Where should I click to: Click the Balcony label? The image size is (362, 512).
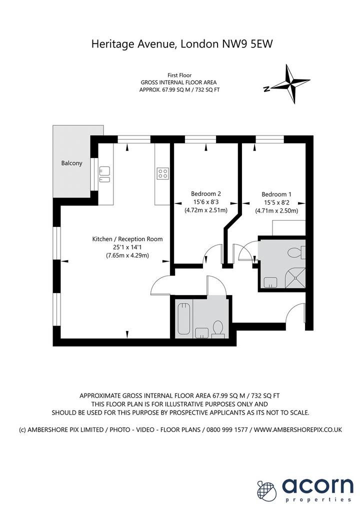[x=72, y=163]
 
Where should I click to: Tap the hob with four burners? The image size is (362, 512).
[x=162, y=173]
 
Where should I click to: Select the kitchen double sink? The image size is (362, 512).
[x=105, y=174]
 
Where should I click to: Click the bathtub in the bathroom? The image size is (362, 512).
[x=183, y=318]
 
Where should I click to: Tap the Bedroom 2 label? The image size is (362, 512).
[x=206, y=193]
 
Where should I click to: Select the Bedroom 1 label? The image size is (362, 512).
[x=276, y=194]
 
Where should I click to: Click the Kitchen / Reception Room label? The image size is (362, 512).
[x=127, y=239]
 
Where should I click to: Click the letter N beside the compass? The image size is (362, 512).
[x=266, y=89]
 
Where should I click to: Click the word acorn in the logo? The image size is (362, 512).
[x=317, y=485]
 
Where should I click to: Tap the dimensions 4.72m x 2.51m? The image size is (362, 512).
[x=206, y=210]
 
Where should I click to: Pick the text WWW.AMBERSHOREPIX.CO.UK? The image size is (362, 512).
[x=298, y=429]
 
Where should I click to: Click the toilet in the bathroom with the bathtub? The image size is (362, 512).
[x=217, y=328]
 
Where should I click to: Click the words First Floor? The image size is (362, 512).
[x=179, y=75]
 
